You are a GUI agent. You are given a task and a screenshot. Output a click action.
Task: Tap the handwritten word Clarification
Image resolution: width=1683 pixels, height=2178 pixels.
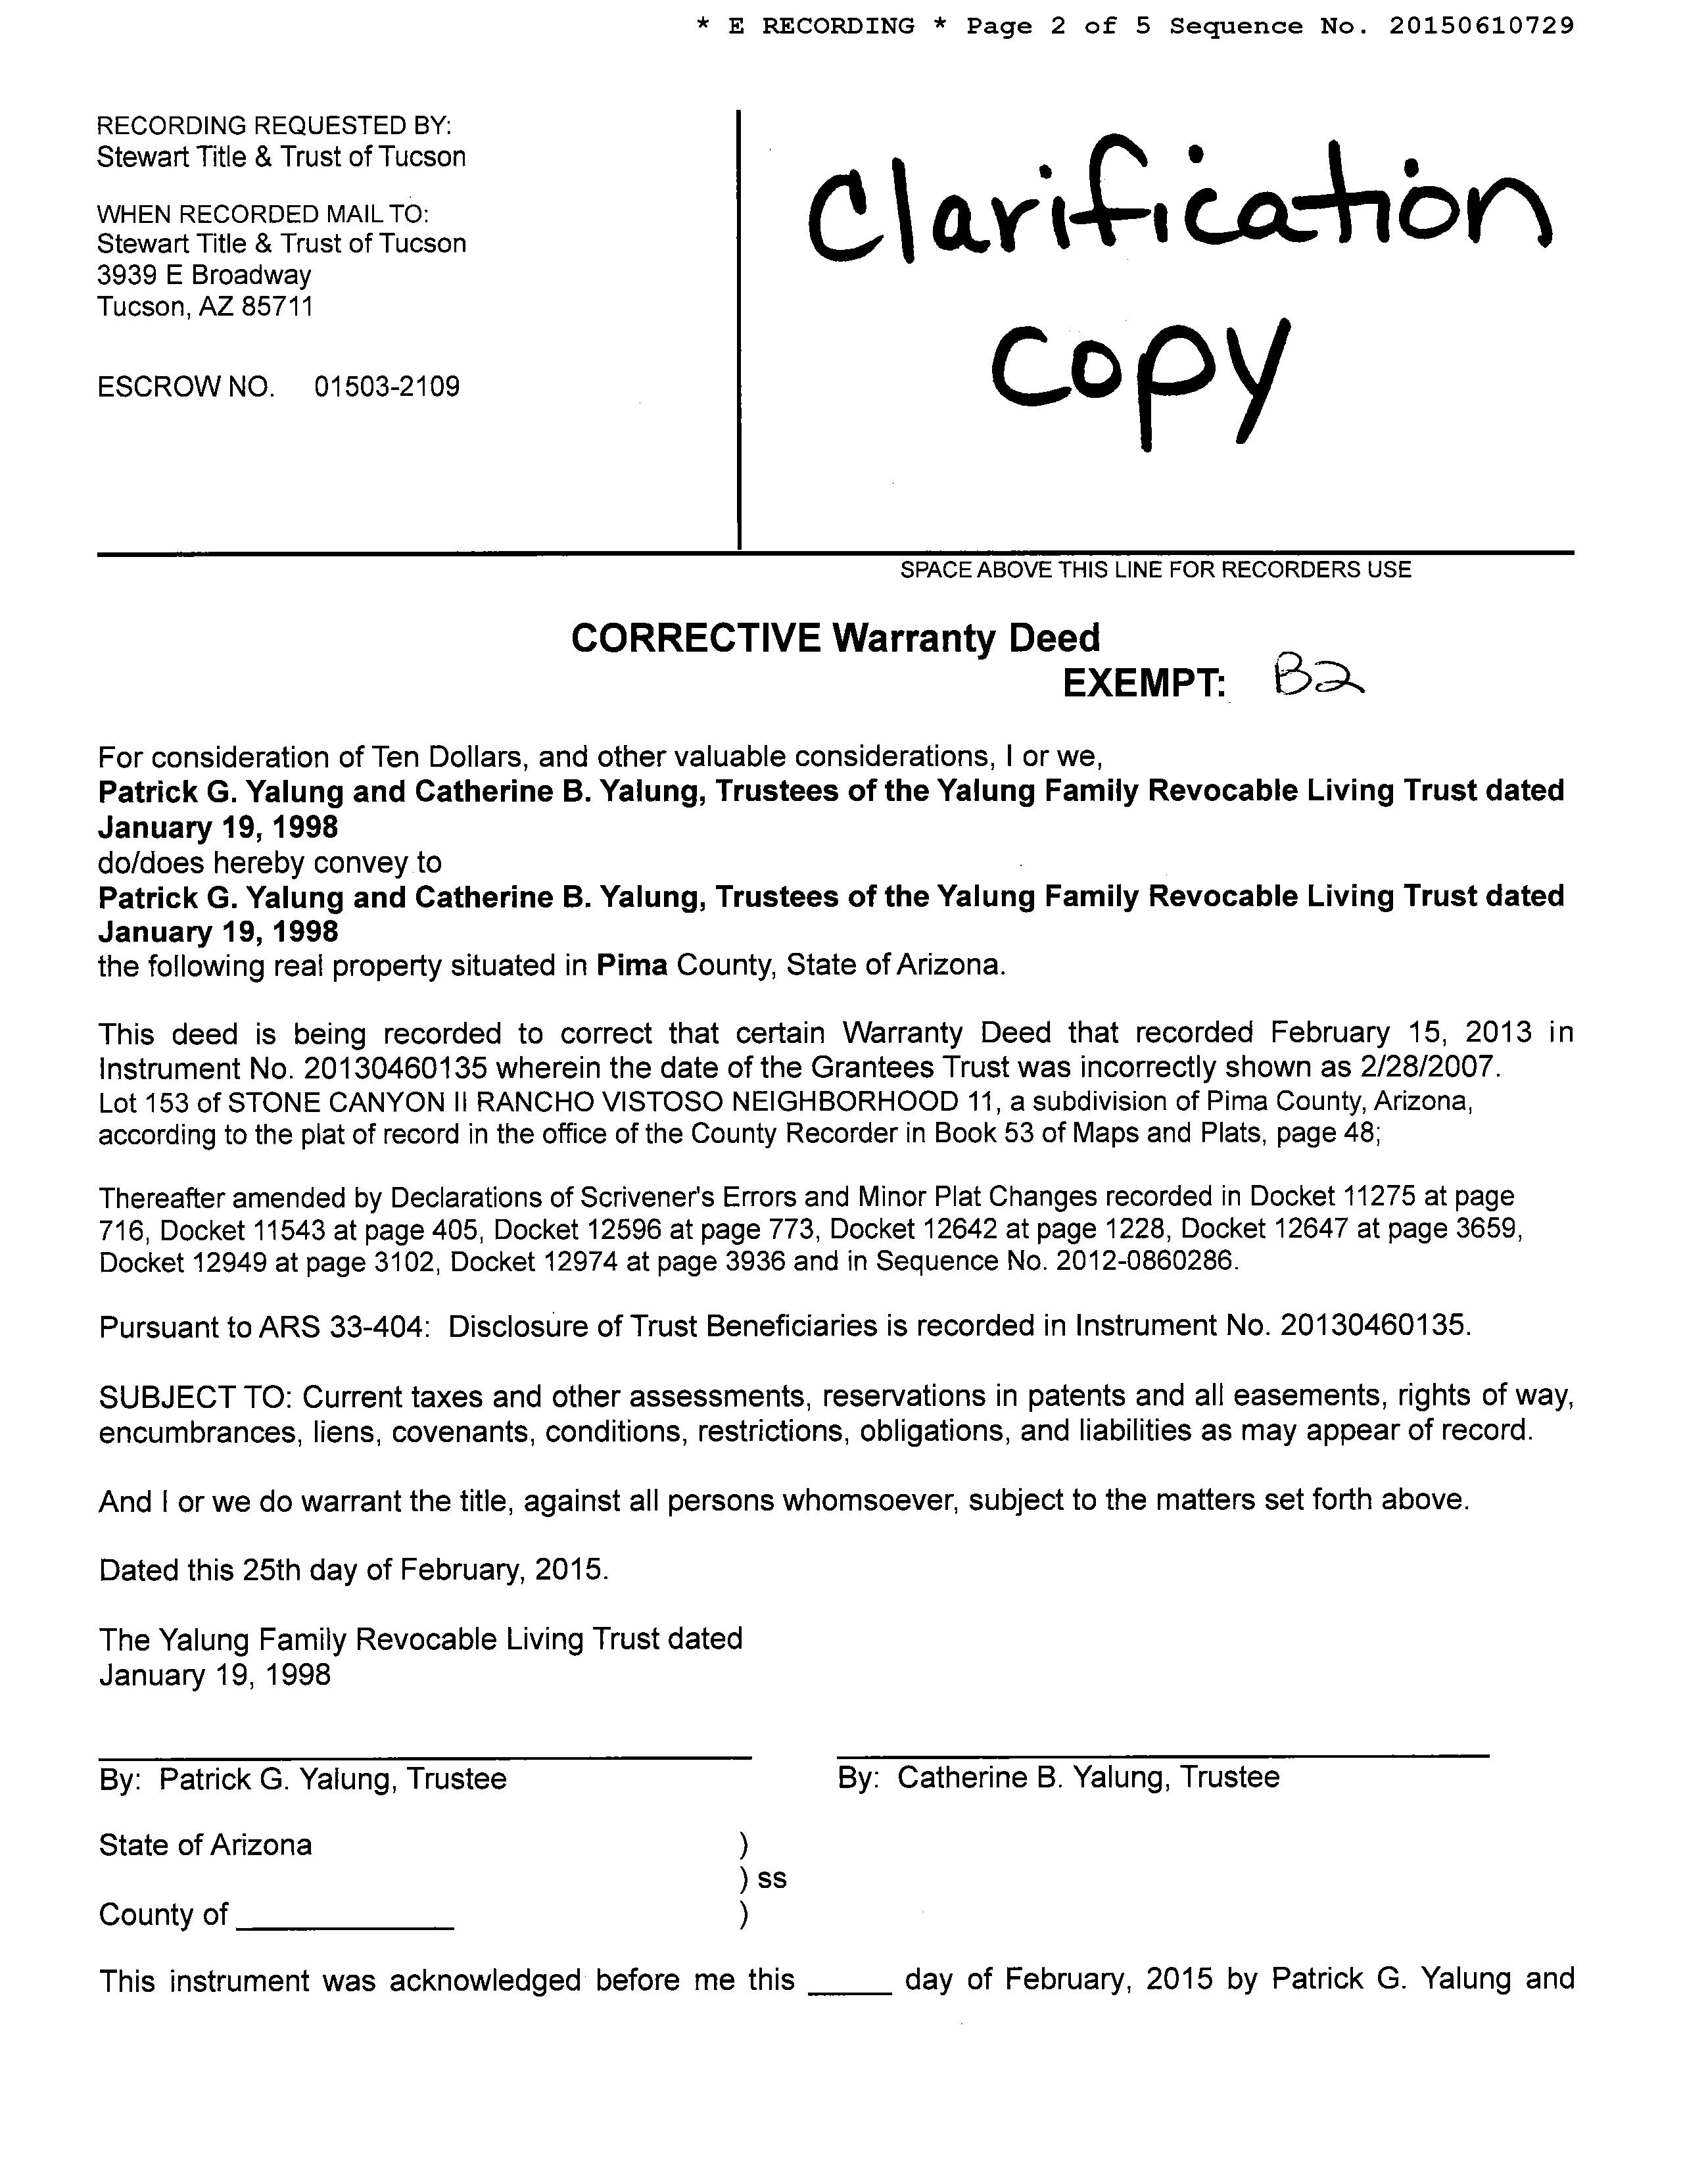tap(1177, 205)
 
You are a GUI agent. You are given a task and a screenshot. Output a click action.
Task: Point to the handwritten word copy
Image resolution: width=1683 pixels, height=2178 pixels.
tap(1137, 374)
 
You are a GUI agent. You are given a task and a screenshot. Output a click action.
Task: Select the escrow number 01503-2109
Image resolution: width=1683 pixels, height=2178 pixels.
tap(387, 387)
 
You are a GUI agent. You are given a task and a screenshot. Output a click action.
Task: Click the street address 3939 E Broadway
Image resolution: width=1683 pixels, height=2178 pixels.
tap(204, 276)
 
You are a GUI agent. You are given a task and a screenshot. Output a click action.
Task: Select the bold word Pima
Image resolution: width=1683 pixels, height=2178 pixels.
tap(632, 965)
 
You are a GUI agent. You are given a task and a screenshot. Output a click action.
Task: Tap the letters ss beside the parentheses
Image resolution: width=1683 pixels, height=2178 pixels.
tap(772, 1878)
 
